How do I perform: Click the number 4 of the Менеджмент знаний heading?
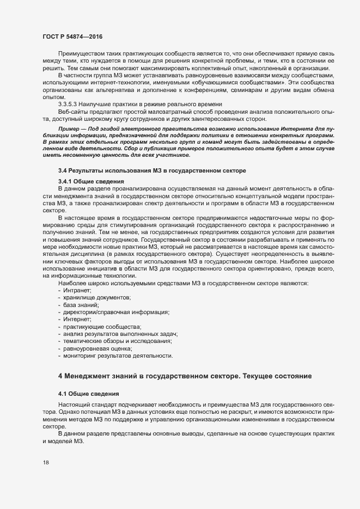click(60, 376)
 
